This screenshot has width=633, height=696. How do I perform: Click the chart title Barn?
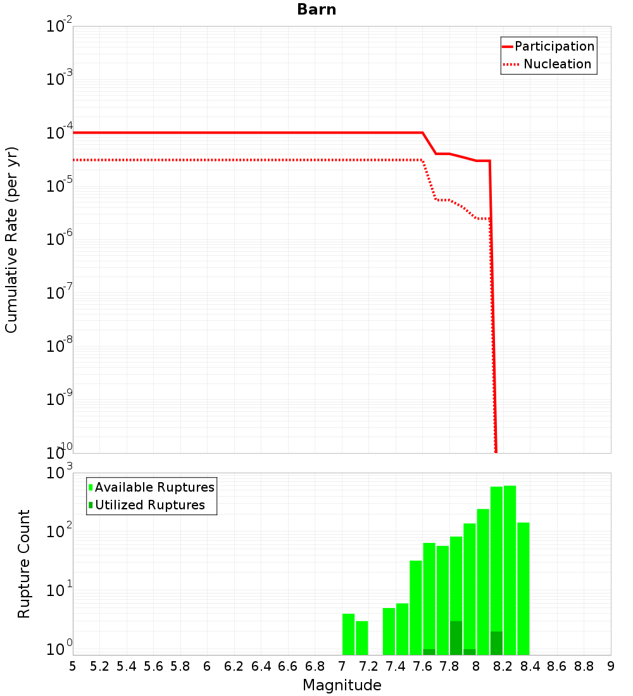click(316, 10)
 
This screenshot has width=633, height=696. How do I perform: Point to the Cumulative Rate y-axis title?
click(11, 239)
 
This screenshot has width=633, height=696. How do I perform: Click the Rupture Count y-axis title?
click(24, 564)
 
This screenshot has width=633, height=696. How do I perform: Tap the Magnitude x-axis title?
click(342, 685)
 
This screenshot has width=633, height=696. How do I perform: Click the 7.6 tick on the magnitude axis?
click(423, 666)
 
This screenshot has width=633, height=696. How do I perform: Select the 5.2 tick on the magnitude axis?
click(100, 666)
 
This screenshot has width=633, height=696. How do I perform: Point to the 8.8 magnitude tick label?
click(584, 666)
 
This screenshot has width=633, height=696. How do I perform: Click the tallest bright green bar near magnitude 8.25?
click(510, 569)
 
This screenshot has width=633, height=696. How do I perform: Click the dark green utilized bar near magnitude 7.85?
click(456, 638)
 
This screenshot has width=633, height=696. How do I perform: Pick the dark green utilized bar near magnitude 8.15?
click(496, 643)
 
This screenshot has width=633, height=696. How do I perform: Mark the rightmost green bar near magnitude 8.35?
click(523, 588)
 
